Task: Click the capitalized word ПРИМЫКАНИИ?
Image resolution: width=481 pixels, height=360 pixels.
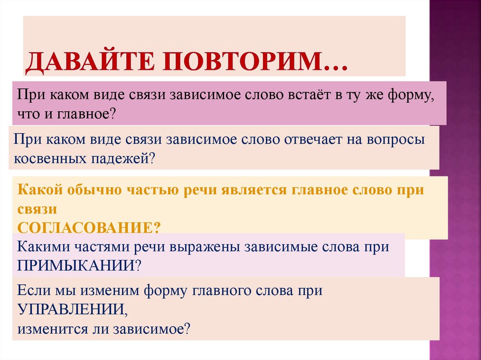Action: tap(79, 265)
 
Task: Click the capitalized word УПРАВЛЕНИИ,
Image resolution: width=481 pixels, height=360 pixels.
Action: tap(72, 309)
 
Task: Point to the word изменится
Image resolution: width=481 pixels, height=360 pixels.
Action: tap(52, 327)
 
